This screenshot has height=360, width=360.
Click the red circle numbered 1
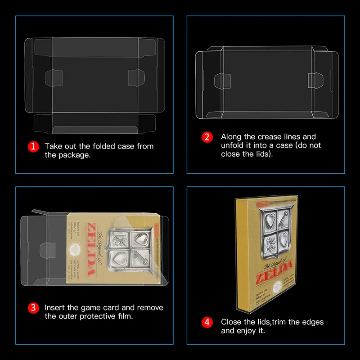(33, 147)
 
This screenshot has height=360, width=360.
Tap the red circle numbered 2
(207, 137)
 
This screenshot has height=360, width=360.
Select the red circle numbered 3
(33, 308)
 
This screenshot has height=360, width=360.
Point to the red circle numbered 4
(207, 322)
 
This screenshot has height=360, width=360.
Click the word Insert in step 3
(54, 308)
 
